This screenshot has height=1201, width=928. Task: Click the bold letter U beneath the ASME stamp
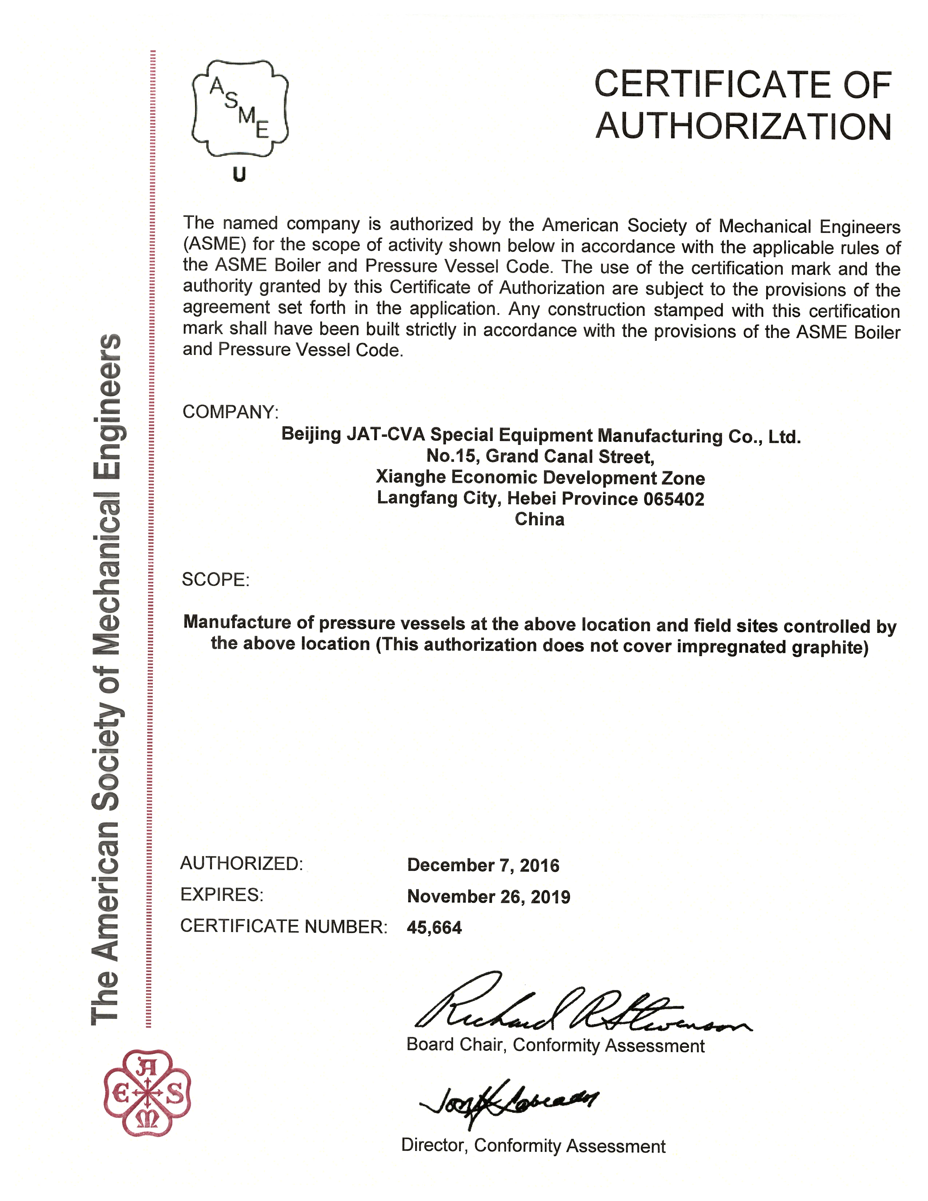[x=239, y=175]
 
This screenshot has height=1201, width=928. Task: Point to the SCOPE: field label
[x=215, y=580]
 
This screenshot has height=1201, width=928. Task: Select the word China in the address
[x=539, y=519]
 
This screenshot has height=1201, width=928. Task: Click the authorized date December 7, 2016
[x=483, y=866]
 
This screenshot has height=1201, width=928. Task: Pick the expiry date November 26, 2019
[x=488, y=897]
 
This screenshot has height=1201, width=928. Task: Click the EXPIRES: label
[x=222, y=895]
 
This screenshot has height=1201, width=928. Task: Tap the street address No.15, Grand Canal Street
[x=540, y=456]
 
